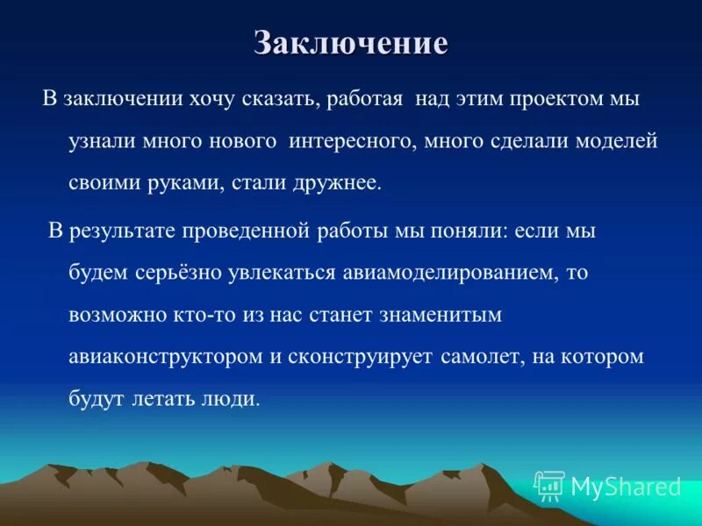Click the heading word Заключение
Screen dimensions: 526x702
click(351, 43)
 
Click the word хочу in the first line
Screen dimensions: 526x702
click(214, 99)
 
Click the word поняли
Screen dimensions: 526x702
click(471, 231)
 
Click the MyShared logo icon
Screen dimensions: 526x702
click(550, 486)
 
